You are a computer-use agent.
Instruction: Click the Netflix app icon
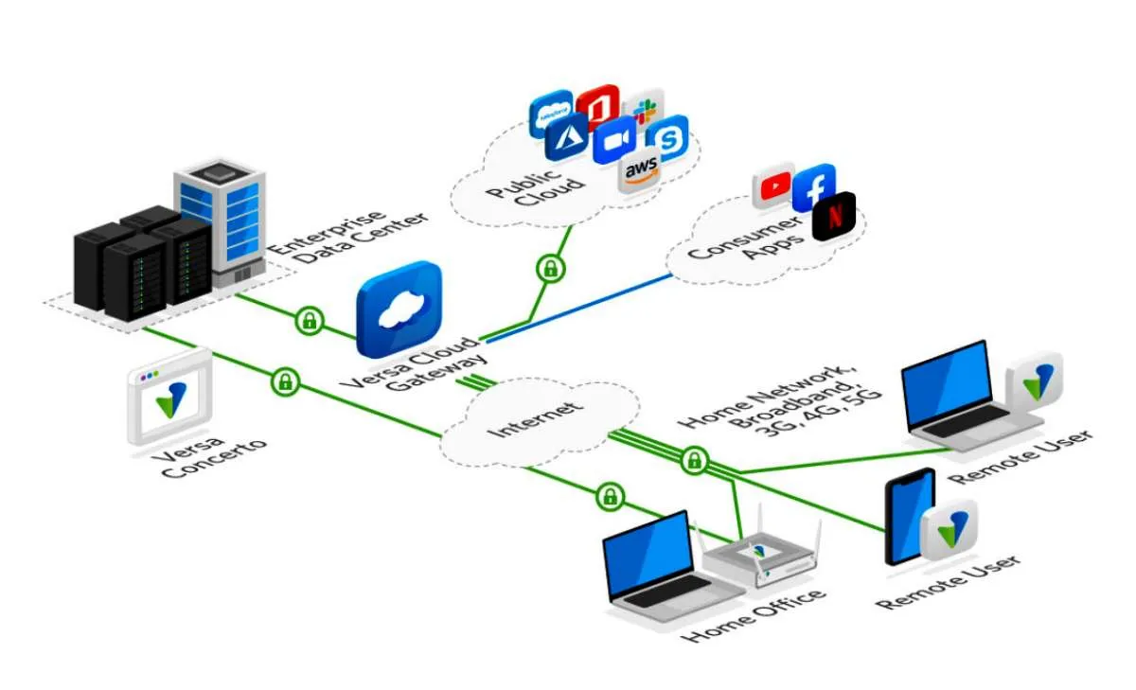[834, 215]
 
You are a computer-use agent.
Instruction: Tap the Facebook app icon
[813, 187]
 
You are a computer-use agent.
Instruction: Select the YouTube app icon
[773, 188]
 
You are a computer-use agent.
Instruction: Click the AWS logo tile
[641, 171]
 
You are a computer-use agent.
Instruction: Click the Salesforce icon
[552, 114]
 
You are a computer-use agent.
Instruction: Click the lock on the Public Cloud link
[549, 269]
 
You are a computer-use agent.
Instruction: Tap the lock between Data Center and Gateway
[309, 321]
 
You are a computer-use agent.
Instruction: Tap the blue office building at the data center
[220, 217]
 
